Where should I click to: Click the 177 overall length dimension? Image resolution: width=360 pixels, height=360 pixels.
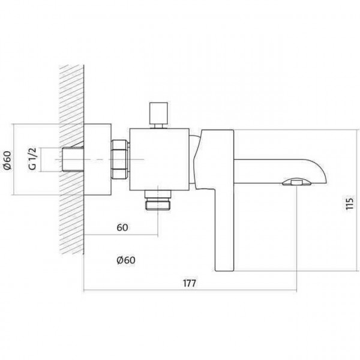190,283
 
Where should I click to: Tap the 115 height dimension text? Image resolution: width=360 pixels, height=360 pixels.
349,203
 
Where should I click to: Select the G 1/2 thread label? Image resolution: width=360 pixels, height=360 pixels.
33,159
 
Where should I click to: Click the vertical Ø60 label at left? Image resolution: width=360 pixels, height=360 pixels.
7,160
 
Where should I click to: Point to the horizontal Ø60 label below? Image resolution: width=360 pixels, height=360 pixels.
126,260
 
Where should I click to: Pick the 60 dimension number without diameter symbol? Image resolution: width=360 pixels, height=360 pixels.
122,227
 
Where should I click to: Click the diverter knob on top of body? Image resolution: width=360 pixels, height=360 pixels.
158,115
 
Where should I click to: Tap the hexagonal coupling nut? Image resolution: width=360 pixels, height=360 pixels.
119,160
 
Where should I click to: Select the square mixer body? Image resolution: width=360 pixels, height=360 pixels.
160,160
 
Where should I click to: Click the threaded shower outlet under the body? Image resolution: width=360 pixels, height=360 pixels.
158,200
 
